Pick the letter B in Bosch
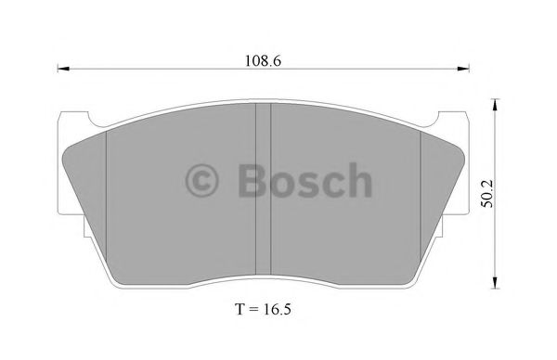(x=251, y=181)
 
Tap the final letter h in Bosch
(x=356, y=181)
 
